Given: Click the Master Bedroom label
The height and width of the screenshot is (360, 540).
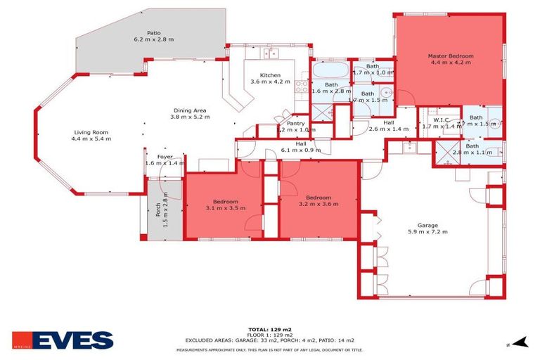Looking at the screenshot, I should point(451,56).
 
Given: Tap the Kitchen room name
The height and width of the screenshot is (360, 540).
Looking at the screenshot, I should point(270,75).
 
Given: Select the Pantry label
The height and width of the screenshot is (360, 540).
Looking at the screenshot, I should point(296,123).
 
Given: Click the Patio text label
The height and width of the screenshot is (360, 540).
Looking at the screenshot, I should point(153,32).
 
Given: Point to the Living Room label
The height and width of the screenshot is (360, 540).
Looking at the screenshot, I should point(91,132).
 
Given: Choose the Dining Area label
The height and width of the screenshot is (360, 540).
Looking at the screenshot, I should point(190,110).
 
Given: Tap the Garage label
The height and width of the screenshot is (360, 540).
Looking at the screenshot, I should point(428,224).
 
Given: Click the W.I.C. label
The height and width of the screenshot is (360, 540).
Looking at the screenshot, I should point(441,120).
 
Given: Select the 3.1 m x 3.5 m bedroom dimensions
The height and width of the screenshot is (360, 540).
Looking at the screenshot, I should point(226,208).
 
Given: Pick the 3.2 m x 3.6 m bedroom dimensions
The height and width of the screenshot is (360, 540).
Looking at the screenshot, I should point(319,205).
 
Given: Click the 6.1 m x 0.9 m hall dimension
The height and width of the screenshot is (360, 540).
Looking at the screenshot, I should point(301,150).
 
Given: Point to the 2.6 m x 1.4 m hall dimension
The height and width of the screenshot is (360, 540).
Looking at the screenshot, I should point(388,129).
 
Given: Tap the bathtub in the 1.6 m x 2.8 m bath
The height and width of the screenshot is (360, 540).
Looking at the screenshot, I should point(329,71).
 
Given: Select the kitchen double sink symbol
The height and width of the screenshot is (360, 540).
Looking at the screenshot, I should point(270,53).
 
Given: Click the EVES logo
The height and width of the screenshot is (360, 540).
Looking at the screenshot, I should point(64,341).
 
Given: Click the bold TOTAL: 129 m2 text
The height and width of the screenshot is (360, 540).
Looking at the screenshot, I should point(269,329).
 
